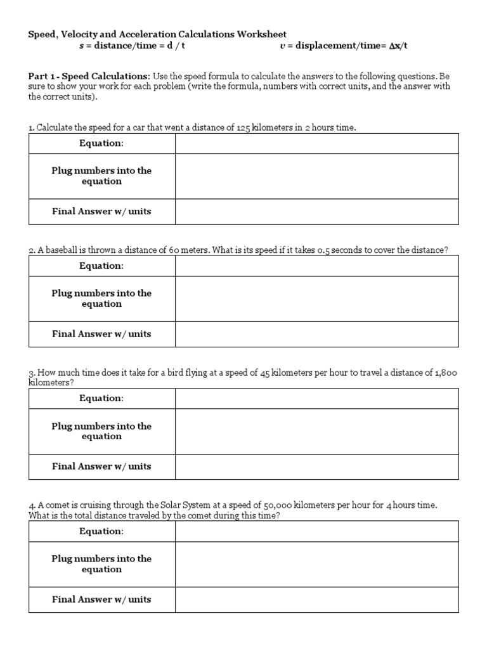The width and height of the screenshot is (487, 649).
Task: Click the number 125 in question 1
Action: click(243, 128)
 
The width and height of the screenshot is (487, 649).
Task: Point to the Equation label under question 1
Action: click(101, 143)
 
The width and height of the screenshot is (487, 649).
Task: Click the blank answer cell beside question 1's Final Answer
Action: click(316, 212)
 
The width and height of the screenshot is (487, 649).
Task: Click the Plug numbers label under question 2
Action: click(101, 299)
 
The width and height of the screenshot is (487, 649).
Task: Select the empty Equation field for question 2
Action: click(316, 266)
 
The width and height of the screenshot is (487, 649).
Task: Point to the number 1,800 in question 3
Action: click(445, 373)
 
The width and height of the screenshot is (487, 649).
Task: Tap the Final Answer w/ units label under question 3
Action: click(101, 466)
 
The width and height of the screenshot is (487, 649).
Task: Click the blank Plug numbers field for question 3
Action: click(316, 431)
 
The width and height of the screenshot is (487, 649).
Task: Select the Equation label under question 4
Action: click(101, 531)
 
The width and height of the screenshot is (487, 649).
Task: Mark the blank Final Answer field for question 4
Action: click(316, 599)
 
